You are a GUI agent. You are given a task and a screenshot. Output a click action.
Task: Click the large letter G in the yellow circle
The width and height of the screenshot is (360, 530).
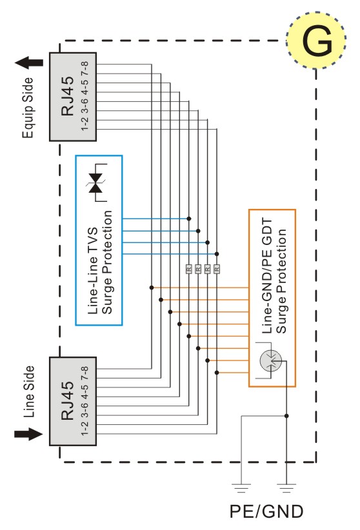(x=317, y=41)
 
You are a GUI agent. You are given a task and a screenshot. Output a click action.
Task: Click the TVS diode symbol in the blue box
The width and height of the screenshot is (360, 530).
(x=95, y=183)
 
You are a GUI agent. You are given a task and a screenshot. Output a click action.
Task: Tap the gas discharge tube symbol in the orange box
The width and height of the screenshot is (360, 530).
(x=271, y=360)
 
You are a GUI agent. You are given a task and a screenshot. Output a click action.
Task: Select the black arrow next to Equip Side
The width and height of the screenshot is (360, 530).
(x=29, y=63)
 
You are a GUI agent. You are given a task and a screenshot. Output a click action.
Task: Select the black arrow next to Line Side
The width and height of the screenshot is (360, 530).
(x=29, y=434)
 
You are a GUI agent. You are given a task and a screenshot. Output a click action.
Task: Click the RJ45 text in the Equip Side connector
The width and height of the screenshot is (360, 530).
(x=67, y=96)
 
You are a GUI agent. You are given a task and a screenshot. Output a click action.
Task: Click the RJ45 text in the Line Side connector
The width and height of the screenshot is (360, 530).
(x=67, y=401)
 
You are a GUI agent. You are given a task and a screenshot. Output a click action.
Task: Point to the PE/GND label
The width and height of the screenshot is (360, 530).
(x=266, y=511)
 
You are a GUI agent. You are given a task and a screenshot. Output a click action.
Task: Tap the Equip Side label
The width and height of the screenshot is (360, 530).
(x=28, y=108)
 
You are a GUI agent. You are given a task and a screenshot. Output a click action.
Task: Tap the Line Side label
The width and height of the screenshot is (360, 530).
(x=29, y=391)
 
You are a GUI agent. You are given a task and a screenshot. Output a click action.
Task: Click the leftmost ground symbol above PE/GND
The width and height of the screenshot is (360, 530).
(x=241, y=487)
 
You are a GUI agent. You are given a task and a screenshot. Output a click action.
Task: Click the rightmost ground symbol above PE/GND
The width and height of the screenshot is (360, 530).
(x=286, y=487)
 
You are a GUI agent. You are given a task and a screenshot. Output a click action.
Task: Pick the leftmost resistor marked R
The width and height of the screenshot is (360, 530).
(x=189, y=269)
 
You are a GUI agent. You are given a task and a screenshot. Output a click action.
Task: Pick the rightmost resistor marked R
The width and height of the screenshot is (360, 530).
(x=217, y=269)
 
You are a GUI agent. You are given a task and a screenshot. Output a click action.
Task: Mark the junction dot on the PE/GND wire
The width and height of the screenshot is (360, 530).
(x=286, y=416)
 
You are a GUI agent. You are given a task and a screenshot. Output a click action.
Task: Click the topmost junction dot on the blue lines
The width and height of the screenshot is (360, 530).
(x=189, y=219)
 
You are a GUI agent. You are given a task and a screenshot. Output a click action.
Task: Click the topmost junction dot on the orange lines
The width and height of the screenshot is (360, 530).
(x=152, y=288)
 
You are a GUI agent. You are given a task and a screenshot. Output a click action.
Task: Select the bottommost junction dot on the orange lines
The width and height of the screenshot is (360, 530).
(x=217, y=373)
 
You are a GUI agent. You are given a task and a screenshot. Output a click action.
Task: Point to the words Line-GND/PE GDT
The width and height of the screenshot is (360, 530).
(x=267, y=276)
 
